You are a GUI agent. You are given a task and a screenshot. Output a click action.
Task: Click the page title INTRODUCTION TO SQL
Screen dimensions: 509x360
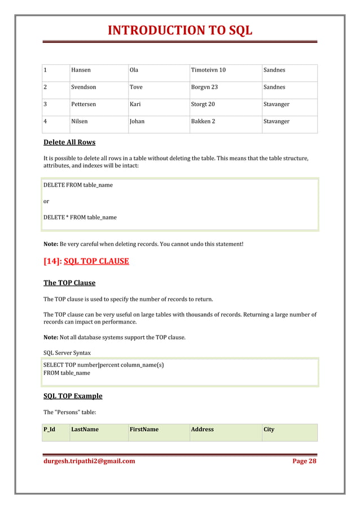click(180, 30)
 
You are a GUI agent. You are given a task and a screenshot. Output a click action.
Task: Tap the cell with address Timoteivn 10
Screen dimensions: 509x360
click(208, 70)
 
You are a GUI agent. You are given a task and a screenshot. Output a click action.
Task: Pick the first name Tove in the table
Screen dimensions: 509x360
click(136, 87)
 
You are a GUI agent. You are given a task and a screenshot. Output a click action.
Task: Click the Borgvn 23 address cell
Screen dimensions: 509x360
click(204, 87)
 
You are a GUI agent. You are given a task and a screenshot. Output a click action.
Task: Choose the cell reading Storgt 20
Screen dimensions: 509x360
click(203, 104)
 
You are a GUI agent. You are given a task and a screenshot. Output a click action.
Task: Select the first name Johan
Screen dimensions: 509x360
click(137, 121)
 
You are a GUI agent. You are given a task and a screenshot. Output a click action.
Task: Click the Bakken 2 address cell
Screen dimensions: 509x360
click(203, 121)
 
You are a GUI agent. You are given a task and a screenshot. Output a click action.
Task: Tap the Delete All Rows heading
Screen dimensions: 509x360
click(69, 142)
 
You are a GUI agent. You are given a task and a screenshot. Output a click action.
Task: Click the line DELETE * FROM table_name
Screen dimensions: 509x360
click(80, 217)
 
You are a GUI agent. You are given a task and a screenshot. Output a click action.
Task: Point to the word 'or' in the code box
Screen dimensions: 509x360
click(46, 201)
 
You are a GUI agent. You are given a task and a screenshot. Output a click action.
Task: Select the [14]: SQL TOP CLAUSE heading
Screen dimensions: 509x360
click(86, 261)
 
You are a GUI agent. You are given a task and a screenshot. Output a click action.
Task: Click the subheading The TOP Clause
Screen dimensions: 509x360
click(69, 283)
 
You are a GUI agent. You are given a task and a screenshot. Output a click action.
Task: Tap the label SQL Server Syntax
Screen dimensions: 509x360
click(67, 353)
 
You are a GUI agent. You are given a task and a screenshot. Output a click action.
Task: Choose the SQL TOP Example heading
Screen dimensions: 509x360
click(73, 396)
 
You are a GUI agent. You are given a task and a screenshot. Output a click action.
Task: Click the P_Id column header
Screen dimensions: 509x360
click(49, 429)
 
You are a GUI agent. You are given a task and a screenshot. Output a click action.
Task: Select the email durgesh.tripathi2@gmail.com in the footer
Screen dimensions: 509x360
click(89, 461)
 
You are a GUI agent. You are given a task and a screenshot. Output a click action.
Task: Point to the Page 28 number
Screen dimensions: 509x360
click(304, 461)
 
